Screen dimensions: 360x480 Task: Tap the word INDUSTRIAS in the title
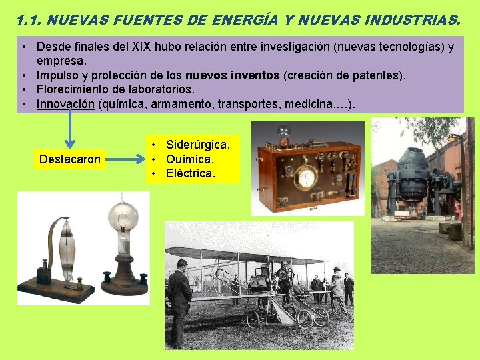(x=413, y=20)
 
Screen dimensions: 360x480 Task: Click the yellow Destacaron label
(x=70, y=159)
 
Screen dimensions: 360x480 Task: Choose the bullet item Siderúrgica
(x=198, y=145)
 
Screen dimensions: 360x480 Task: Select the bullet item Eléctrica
(x=191, y=173)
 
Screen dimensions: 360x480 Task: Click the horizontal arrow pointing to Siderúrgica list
(x=126, y=159)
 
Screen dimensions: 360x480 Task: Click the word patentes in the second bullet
(x=379, y=75)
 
